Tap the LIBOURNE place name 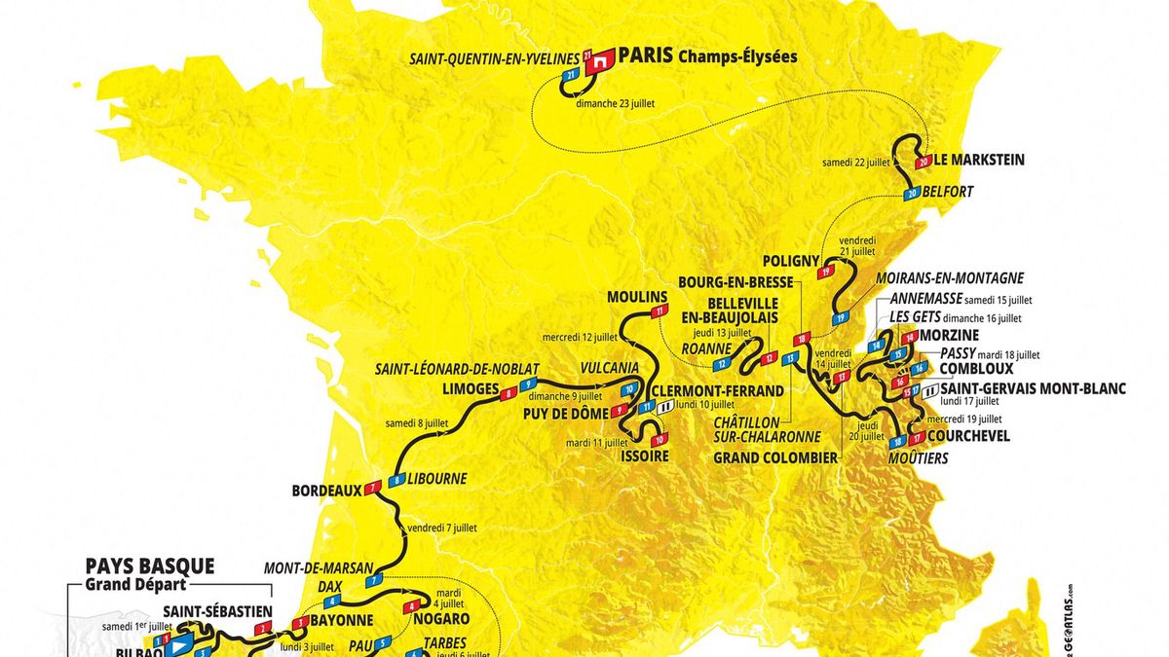437,479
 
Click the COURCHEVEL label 968,436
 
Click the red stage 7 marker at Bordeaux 370,490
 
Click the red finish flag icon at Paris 602,57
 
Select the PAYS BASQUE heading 149,566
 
